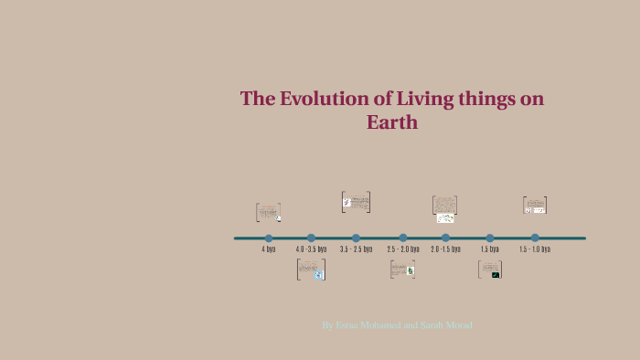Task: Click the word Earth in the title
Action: [x=392, y=122]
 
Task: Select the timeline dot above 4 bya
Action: [x=269, y=238]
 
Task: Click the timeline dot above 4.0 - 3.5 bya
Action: [x=311, y=238]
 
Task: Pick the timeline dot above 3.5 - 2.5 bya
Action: [x=356, y=238]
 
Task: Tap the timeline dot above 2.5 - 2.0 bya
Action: [x=403, y=238]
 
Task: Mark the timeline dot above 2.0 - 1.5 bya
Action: [x=445, y=238]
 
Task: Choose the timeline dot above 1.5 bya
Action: [x=490, y=238]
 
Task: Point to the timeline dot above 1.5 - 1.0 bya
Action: [x=535, y=238]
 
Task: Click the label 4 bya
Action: [x=269, y=249]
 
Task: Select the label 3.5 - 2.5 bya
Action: [x=356, y=249]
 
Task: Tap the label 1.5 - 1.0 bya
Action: [x=535, y=249]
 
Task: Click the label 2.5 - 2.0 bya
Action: [x=403, y=249]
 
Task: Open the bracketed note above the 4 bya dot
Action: [x=268, y=213]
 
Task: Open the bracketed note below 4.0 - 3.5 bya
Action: [x=311, y=270]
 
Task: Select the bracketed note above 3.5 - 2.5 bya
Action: [x=356, y=202]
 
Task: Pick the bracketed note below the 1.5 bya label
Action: [x=490, y=270]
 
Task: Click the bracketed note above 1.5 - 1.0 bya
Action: [x=535, y=206]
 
